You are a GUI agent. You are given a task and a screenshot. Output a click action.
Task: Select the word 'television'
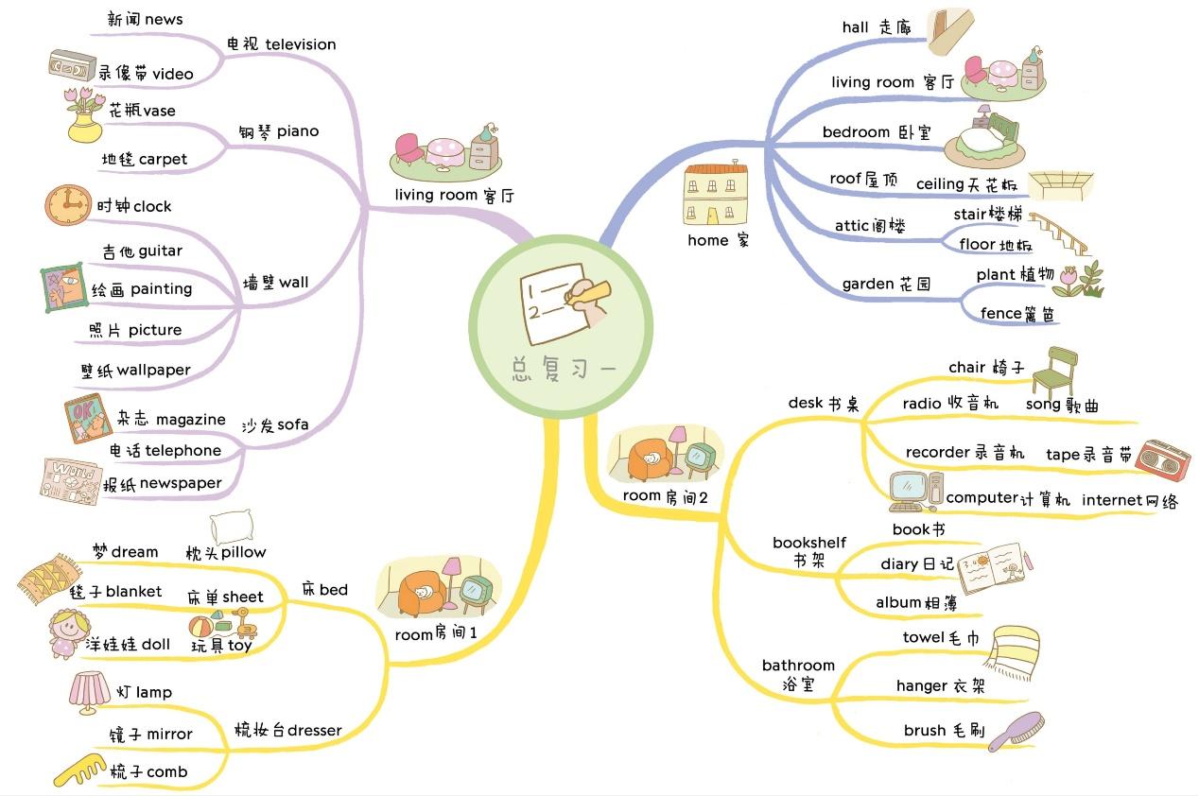[301, 44]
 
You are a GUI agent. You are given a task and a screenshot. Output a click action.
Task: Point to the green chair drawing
[1054, 372]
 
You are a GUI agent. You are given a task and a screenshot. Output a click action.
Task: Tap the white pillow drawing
[231, 528]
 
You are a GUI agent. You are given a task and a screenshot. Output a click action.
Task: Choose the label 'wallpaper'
[153, 371]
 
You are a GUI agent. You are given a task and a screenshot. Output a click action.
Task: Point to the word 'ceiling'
[940, 184]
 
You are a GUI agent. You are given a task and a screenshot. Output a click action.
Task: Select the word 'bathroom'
[798, 666]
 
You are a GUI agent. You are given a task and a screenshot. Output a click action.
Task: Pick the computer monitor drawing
[910, 488]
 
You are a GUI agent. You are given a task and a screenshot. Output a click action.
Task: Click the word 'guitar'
[160, 251]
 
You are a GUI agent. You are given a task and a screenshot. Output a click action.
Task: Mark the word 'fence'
[1000, 314]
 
